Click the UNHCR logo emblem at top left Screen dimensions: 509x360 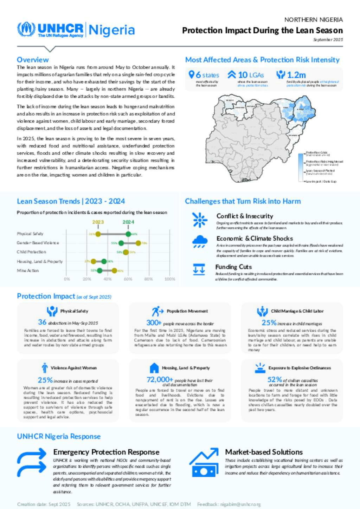point(26,30)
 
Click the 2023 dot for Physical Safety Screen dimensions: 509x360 point(98,234)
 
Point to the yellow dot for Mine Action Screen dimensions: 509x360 point(114,270)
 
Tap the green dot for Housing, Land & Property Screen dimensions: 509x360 point(104,261)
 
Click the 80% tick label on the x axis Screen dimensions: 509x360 point(148,279)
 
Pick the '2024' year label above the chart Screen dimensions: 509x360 point(128,222)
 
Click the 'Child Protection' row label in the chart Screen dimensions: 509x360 point(31,252)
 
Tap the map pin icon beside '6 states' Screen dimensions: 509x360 point(192,74)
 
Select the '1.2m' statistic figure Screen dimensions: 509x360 point(296,75)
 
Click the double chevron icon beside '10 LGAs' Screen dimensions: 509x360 point(232,74)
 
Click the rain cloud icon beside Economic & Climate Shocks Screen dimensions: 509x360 point(200,241)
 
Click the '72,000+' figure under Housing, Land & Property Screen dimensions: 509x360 point(160,380)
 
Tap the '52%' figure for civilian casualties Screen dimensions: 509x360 point(275,379)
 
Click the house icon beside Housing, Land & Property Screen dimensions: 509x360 point(154,368)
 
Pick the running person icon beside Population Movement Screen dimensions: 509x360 point(157,311)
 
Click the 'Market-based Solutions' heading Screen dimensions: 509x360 point(264,452)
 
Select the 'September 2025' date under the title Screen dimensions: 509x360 point(328,40)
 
